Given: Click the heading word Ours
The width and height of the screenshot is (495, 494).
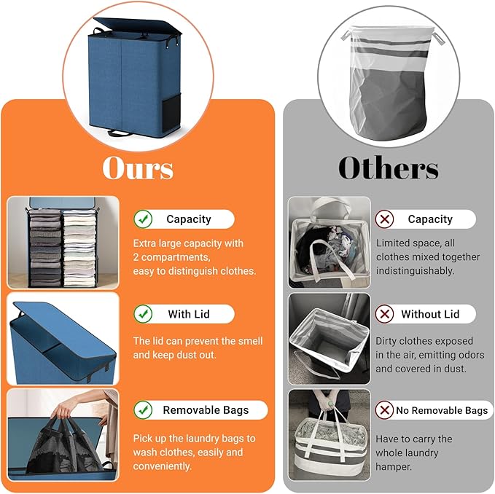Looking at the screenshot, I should (138, 168).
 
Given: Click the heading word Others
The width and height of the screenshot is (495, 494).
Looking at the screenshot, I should (388, 168).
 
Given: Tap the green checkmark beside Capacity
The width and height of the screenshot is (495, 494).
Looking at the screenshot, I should (144, 219).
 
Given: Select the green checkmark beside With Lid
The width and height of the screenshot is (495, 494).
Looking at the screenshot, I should (144, 314).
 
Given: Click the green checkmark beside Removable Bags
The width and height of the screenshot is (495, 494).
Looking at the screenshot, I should (144, 409).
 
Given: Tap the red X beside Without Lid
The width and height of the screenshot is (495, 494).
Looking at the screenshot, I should (384, 314).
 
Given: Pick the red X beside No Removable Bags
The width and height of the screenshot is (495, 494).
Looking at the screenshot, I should (384, 410).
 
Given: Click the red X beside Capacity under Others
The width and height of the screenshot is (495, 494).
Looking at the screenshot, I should (384, 219).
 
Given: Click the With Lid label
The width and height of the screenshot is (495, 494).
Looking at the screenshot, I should (189, 314).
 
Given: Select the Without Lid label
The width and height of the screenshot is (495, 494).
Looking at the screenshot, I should (430, 314).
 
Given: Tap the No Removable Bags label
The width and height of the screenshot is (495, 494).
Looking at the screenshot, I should (442, 410).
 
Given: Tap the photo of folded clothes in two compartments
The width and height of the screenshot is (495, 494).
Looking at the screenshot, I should (63, 243).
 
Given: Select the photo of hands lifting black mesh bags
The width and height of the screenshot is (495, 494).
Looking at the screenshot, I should (63, 434).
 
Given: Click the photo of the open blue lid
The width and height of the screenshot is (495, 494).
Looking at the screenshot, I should (63, 338).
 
